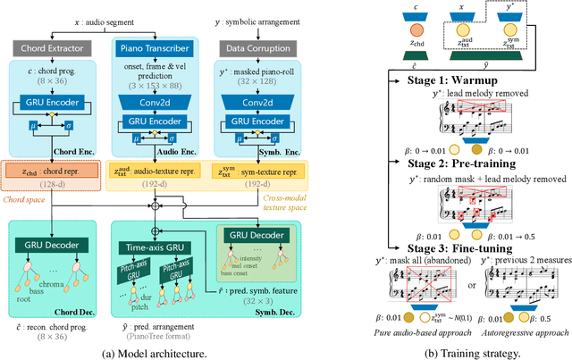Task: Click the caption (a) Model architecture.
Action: [168, 350]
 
